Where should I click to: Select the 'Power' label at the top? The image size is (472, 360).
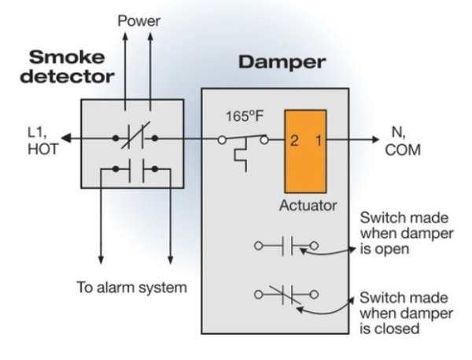point(138,20)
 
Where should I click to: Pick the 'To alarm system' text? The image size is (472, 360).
point(131,287)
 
